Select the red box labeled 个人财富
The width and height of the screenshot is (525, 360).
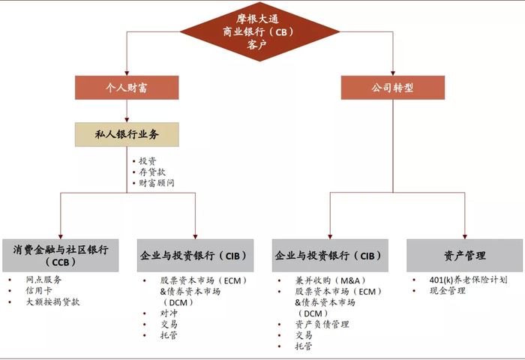click(x=126, y=88)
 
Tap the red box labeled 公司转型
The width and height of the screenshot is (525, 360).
click(x=392, y=88)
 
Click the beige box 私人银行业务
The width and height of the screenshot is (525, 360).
click(x=126, y=134)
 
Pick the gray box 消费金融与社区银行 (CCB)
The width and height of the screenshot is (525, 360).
click(x=61, y=255)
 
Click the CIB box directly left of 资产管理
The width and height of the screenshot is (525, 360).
click(x=330, y=255)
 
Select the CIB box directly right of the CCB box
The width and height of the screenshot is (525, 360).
click(x=194, y=255)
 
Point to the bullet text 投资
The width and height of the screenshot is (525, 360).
click(x=147, y=161)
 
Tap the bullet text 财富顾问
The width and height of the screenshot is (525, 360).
click(x=156, y=182)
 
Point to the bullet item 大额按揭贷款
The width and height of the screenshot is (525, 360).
click(x=53, y=301)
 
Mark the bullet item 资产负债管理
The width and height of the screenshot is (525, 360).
click(x=322, y=324)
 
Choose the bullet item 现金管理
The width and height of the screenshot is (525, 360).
click(x=447, y=290)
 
